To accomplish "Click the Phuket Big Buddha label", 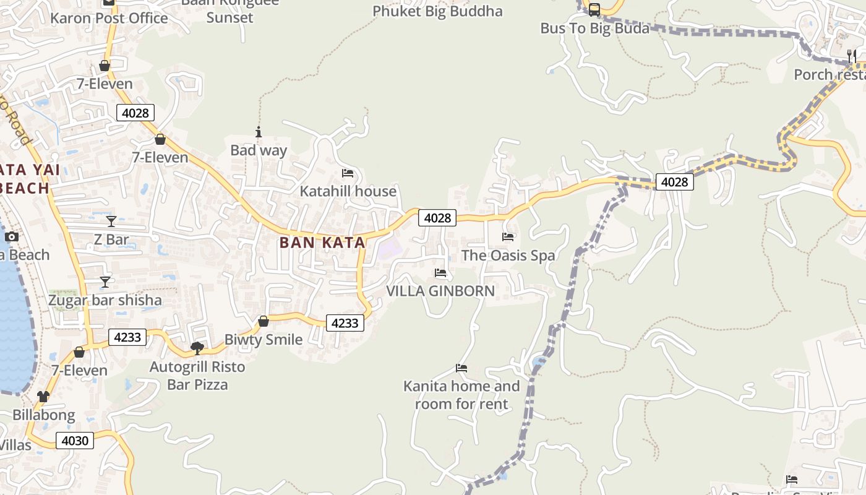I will pos(437,11).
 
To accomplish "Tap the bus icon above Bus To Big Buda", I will pos(594,10).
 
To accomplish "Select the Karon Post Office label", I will pos(109,18).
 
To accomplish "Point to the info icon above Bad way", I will pos(259,132).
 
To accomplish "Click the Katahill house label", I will pos(348,191).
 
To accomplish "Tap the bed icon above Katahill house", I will pos(348,173).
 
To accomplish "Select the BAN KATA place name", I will pos(322,243).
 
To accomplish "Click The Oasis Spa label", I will pos(508,255).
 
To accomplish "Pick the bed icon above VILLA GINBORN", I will pos(440,273).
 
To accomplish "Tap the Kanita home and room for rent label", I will pos(461,395).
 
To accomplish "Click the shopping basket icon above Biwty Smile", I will pos(264,321).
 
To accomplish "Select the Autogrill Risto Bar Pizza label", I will pos(197,376).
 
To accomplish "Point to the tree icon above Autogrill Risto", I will pos(197,348).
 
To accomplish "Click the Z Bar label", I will pos(111,239).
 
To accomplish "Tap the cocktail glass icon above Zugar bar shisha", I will pos(106,282).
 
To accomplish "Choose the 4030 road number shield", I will pos(75,441).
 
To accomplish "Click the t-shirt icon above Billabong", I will pos(43,397).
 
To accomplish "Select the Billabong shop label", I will pos(44,415).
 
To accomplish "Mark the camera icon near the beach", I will pos(11,237).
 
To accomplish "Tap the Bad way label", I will pos(259,150).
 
